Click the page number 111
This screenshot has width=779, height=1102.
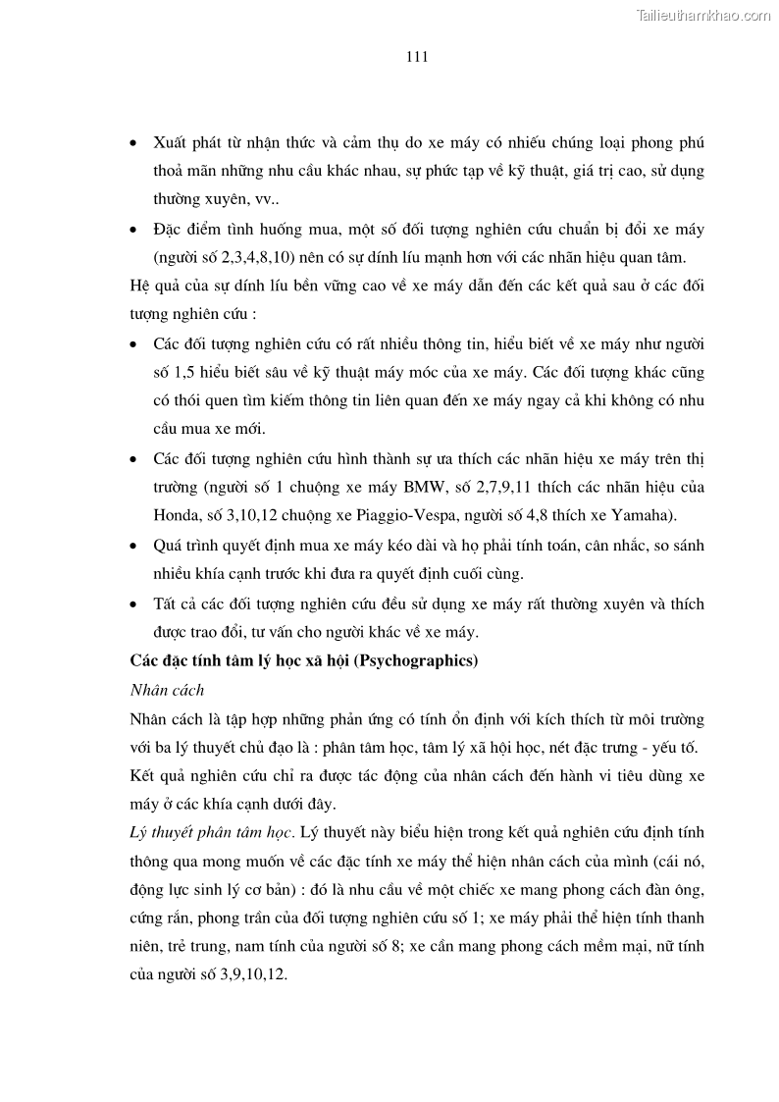pos(417,57)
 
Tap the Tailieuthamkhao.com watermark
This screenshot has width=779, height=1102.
pos(704,16)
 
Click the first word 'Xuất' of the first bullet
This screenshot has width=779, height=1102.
pos(174,142)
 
